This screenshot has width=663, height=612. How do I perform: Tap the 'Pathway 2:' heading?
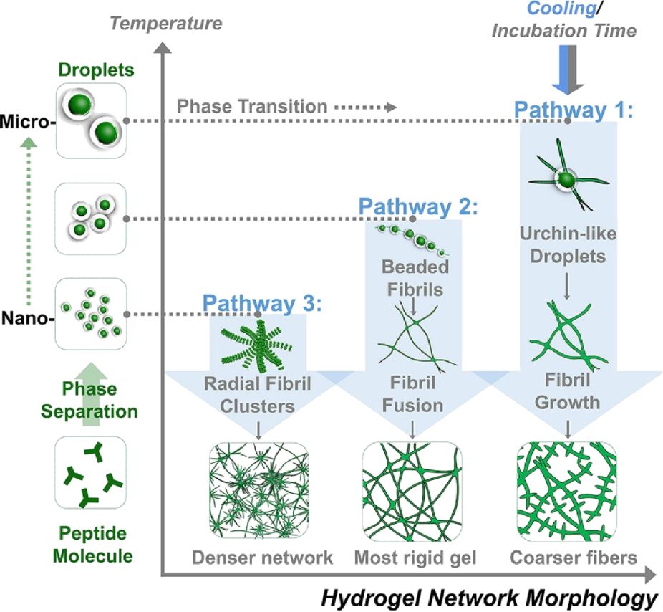[x=417, y=208]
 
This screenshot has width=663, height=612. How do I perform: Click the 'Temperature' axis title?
[x=167, y=23]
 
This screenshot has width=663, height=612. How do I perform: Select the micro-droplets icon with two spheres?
[x=91, y=120]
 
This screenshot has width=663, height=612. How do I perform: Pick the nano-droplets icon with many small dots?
[x=91, y=314]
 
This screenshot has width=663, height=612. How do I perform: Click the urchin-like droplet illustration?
[x=566, y=177]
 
